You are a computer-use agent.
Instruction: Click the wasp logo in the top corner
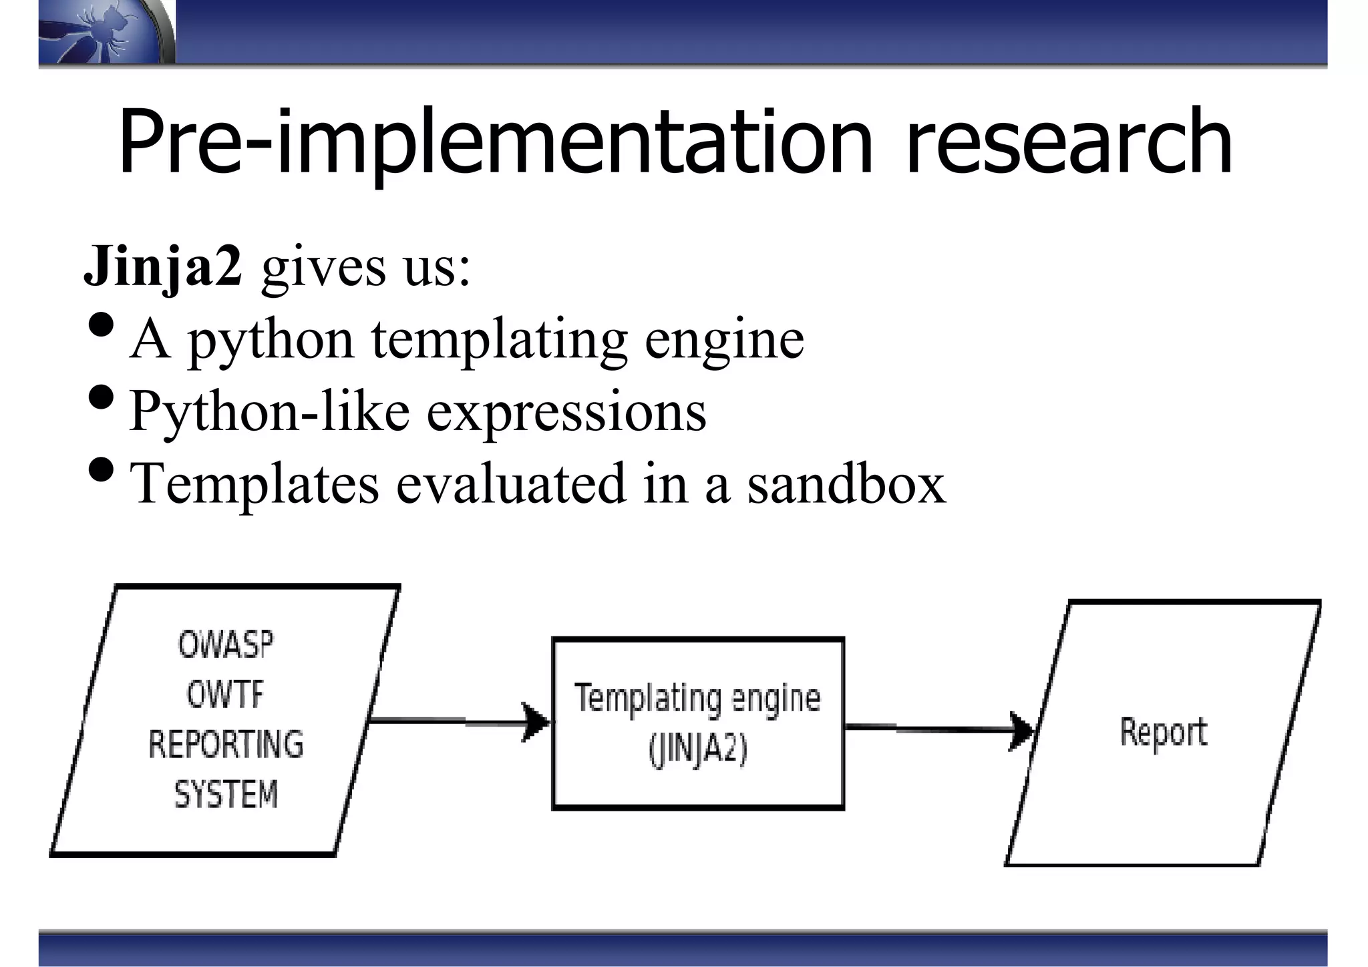click(100, 32)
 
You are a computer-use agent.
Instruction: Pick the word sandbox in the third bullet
click(846, 483)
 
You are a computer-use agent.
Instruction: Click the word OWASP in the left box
click(226, 645)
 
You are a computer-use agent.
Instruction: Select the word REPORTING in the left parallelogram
click(226, 745)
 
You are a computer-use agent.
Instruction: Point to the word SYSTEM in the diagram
click(226, 795)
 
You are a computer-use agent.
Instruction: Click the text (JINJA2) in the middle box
click(697, 749)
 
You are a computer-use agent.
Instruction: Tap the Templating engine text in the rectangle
click(697, 699)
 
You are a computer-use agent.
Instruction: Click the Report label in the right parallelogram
click(1163, 732)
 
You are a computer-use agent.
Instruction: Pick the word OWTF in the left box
click(226, 695)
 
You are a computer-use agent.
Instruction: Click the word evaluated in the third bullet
click(511, 483)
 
